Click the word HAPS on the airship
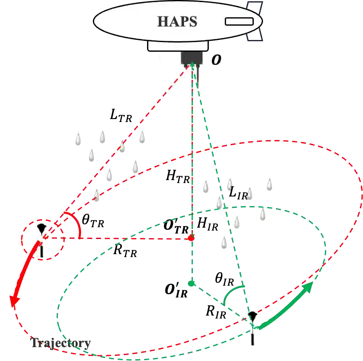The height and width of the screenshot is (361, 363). click(177, 21)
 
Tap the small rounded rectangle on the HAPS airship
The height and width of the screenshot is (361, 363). click(239, 21)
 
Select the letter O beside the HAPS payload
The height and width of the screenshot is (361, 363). click(216, 60)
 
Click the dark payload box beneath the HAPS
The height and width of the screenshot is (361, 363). click(191, 57)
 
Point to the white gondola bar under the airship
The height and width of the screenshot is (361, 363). click(178, 46)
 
